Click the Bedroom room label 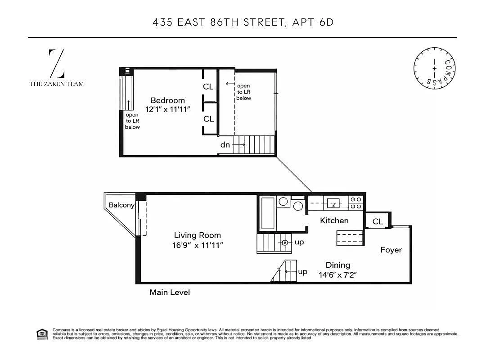(167, 100)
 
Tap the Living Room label (198, 235)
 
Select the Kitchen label (334, 220)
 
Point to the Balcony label (121, 205)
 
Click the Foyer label (391, 250)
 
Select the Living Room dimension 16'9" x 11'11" (198, 245)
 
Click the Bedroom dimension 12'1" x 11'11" (167, 109)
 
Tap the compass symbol (434, 68)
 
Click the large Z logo (57, 63)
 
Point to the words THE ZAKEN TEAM (57, 84)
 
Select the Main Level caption (170, 292)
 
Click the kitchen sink (333, 203)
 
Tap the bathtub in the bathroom (268, 213)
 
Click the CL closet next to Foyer (378, 221)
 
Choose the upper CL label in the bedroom (208, 87)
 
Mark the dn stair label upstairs (225, 145)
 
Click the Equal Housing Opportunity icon (42, 334)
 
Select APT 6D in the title (313, 22)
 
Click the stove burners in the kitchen (356, 203)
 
